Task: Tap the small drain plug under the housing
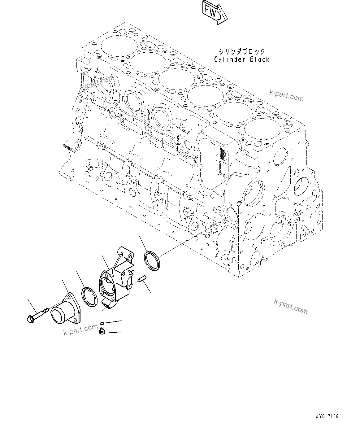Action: [102, 332]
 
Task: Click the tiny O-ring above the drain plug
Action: [102, 324]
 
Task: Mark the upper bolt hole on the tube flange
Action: [65, 297]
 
